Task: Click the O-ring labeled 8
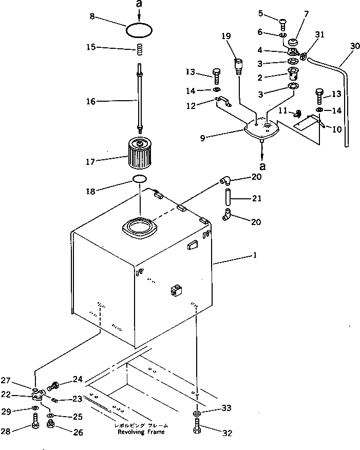139,30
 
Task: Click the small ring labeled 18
140,179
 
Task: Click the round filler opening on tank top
140,228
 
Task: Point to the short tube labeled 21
227,197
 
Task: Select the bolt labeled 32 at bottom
198,427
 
